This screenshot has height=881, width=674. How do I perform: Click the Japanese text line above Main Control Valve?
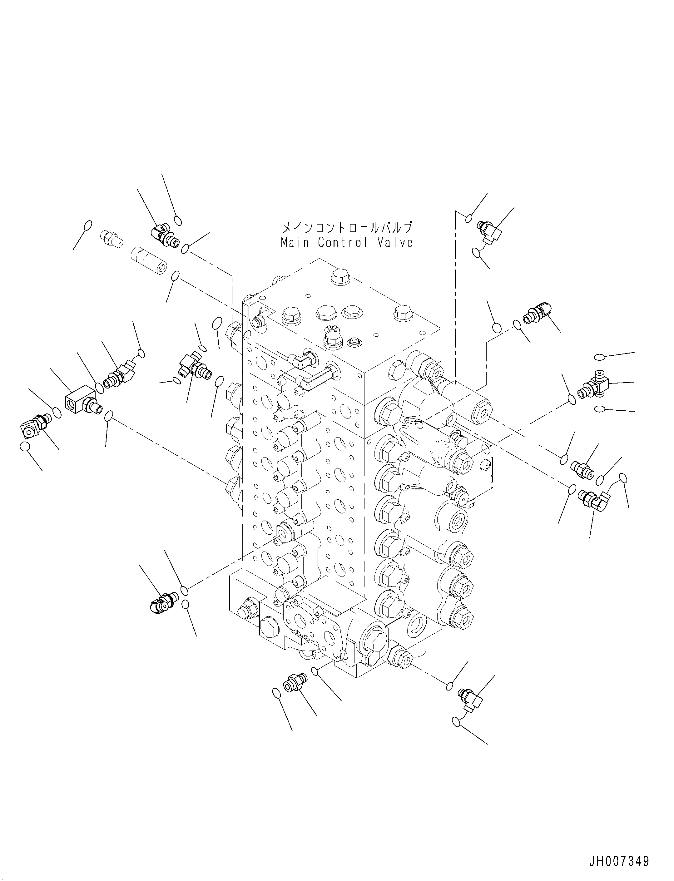click(x=347, y=228)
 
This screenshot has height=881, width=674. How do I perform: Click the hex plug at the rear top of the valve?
click(x=339, y=278)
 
